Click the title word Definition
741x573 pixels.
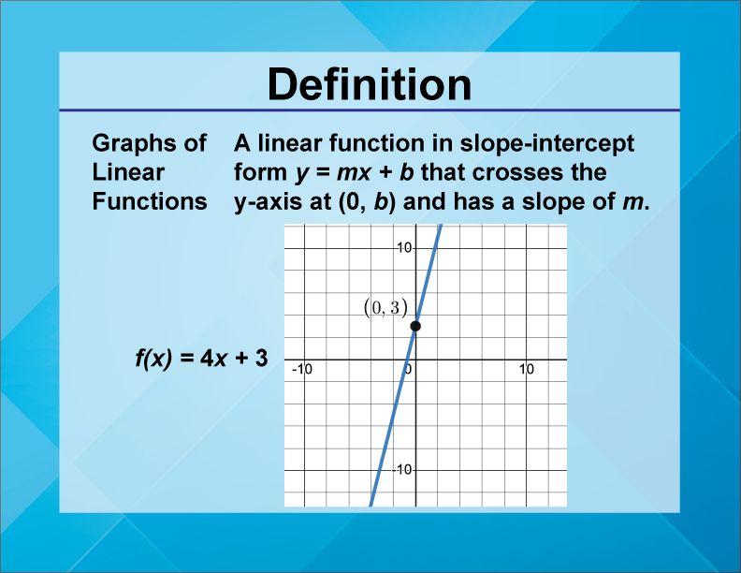point(370,84)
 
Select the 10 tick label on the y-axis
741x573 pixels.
point(404,248)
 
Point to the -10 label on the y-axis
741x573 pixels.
point(401,469)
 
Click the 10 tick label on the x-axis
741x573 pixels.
point(526,370)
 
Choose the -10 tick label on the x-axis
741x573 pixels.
point(301,370)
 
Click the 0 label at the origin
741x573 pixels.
point(409,370)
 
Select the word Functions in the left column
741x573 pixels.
point(149,201)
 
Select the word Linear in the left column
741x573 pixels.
point(128,172)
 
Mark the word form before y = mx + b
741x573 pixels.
point(258,172)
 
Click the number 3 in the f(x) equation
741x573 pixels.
point(262,358)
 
